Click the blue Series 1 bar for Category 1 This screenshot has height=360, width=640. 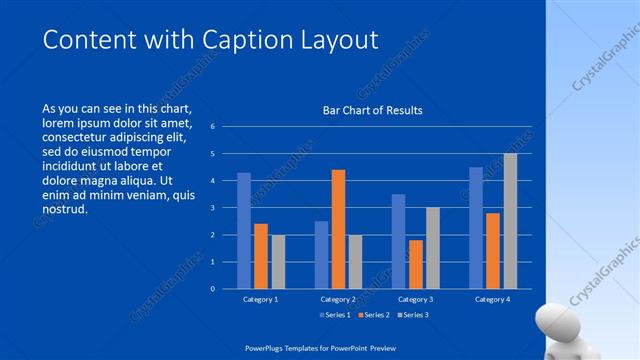pos(244,231)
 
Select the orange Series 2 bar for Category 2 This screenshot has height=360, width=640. pos(338,229)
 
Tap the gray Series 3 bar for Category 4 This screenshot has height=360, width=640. pos(510,221)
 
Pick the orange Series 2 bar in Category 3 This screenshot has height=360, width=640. pos(416,264)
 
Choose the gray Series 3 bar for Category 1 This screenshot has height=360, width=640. pos(278,262)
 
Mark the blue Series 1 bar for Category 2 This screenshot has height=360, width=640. pos(321,255)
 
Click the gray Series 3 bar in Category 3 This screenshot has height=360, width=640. pos(433,248)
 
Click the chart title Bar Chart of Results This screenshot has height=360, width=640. pos(372,110)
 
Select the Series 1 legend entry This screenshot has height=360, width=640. pos(336,316)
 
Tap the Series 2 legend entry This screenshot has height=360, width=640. pos(374,316)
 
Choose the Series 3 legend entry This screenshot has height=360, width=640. pos(412,316)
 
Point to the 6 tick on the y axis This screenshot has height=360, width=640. pos(212,127)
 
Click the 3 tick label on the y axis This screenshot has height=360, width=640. pos(212,208)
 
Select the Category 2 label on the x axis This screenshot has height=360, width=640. pos(338,299)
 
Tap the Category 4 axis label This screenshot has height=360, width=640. pos(492,299)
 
